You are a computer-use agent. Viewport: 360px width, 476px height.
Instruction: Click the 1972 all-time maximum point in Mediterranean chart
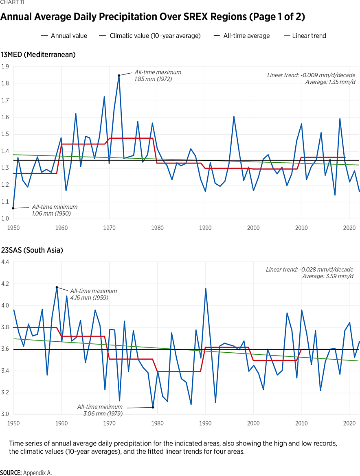point(119,75)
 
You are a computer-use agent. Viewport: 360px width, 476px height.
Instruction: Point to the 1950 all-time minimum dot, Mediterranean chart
point(13,208)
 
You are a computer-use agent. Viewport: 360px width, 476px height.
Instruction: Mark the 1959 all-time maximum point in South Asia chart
point(57,287)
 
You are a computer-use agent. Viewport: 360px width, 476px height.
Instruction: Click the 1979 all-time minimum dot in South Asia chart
point(153,407)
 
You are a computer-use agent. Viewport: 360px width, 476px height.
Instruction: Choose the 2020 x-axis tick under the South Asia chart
point(349,423)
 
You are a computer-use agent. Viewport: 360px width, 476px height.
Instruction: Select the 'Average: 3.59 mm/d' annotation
point(327,276)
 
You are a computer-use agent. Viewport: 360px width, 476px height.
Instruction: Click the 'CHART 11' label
point(13,3)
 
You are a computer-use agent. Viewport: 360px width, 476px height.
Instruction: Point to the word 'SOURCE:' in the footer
point(11,473)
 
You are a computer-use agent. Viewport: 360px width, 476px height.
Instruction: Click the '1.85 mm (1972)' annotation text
point(153,79)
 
